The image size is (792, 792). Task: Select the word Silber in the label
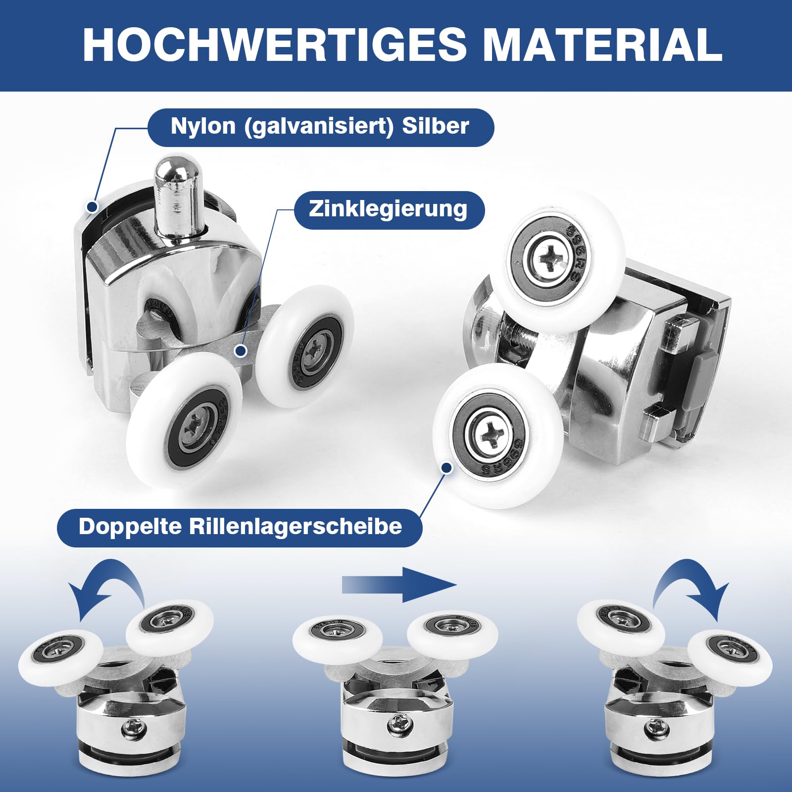click(x=435, y=126)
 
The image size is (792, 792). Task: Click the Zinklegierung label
click(x=389, y=209)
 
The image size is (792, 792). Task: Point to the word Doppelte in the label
click(x=130, y=526)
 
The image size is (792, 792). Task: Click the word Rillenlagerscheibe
click(x=296, y=526)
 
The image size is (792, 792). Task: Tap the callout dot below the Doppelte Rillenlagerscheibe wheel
click(x=446, y=467)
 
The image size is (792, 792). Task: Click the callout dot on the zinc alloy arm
click(x=241, y=351)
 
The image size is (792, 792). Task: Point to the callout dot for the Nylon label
click(x=92, y=207)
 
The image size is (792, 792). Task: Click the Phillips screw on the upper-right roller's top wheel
click(x=551, y=256)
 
